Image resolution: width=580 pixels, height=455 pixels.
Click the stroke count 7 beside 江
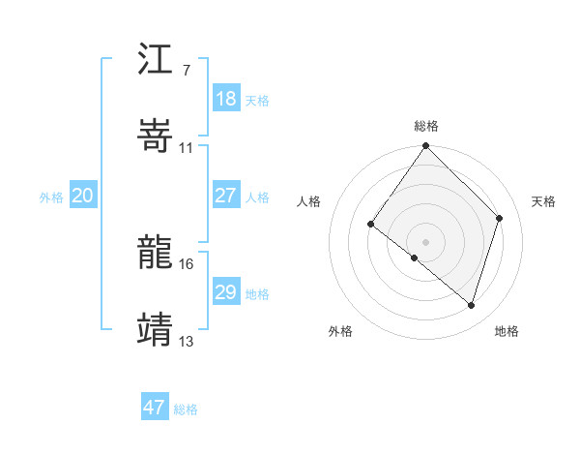click(x=186, y=71)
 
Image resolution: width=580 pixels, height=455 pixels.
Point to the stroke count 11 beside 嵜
click(x=186, y=147)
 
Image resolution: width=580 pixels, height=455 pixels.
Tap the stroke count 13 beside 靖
click(x=186, y=341)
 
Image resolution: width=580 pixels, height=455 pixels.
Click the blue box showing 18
click(x=225, y=99)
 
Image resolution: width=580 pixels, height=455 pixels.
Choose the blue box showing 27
click(x=225, y=196)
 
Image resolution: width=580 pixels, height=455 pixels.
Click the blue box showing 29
click(x=225, y=292)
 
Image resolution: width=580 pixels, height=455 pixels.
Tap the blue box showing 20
click(x=82, y=196)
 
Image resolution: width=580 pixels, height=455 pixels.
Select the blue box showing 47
click(x=154, y=408)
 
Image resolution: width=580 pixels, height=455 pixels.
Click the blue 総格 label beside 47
click(x=186, y=409)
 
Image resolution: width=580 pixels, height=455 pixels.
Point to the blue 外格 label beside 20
click(x=51, y=197)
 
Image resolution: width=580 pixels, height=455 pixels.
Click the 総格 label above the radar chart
click(x=426, y=126)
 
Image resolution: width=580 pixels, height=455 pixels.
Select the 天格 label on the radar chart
click(x=543, y=201)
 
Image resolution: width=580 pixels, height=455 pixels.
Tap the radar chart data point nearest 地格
click(x=471, y=305)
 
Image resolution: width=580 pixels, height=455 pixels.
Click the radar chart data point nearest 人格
click(x=371, y=225)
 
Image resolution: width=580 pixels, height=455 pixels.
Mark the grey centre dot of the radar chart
click(x=425, y=241)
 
